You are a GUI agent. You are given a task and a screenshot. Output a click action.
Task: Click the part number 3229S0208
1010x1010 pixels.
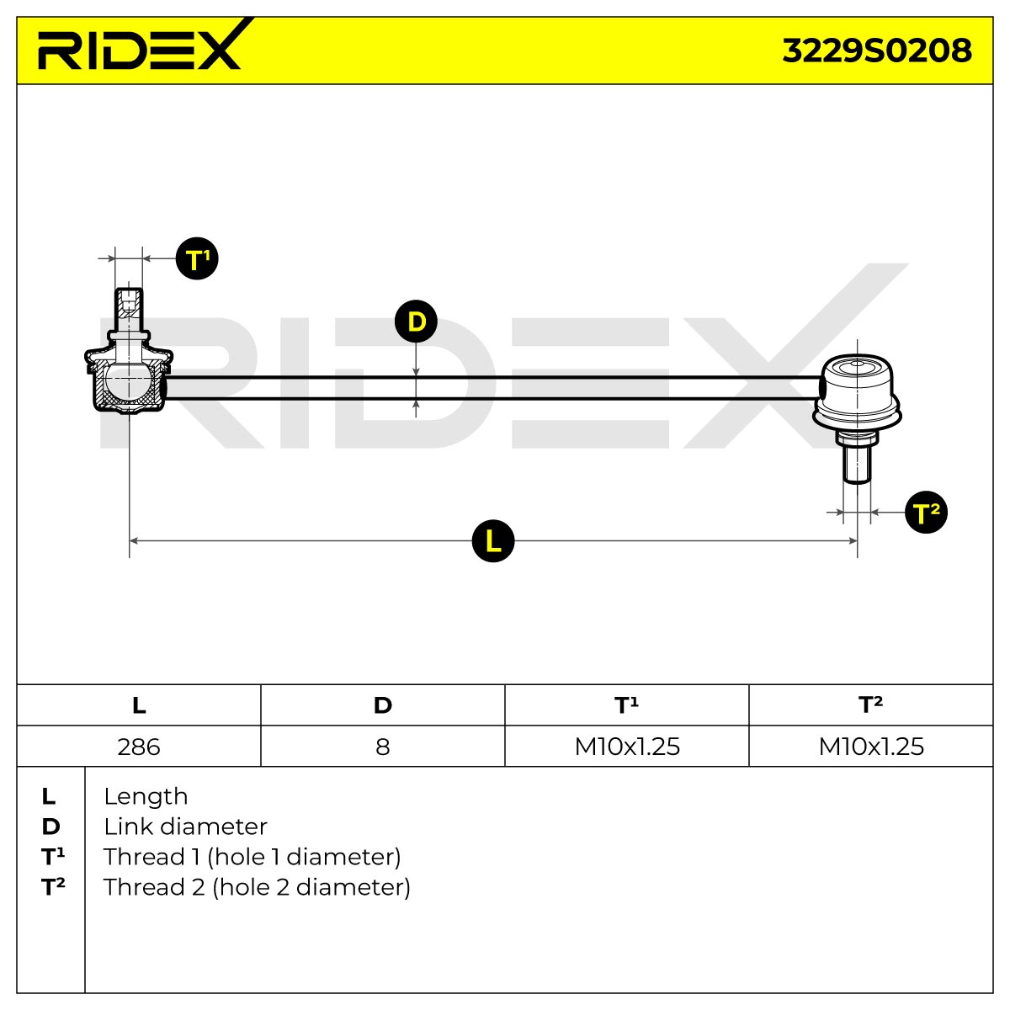876,50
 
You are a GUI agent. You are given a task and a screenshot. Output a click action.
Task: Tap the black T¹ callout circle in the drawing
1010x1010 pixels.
197,258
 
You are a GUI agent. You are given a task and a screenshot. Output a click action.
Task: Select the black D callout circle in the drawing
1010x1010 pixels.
416,322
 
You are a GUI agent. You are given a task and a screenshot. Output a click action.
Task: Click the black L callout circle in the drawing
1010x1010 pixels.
492,541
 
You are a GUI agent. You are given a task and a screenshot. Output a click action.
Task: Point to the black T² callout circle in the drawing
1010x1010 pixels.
926,512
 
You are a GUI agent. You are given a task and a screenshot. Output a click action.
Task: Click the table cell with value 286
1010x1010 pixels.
139,747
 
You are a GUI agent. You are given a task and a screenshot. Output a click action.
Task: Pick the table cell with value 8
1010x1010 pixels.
383,747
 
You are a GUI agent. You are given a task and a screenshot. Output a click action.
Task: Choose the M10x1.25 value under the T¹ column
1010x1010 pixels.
627,747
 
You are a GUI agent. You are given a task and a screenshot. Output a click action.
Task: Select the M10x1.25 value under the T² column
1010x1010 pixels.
871,747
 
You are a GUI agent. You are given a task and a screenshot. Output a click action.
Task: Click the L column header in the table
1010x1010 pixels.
139,705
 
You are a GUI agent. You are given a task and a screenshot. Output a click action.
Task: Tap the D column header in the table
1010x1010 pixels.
383,705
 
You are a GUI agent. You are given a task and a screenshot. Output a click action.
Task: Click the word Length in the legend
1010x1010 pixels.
146,797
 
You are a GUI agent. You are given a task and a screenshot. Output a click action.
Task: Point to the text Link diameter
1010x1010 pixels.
185,827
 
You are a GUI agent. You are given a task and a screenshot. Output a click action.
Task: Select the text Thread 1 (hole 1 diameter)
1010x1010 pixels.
252,858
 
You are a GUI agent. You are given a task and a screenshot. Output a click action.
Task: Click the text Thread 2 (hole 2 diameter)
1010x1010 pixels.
257,888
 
